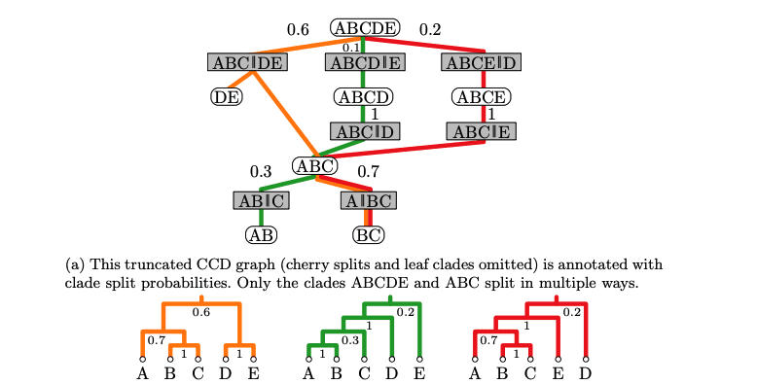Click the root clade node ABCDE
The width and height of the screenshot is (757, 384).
[x=365, y=28]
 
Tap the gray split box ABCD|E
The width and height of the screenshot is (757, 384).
[x=363, y=63]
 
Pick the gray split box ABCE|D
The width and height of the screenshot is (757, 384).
[x=480, y=63]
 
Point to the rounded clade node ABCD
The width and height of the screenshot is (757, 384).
[x=363, y=96]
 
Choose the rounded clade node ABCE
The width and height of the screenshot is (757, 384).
[x=480, y=96]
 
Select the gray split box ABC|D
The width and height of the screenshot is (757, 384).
[x=363, y=131]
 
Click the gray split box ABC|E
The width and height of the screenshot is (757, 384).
[x=480, y=131]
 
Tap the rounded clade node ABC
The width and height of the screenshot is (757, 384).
[x=314, y=165]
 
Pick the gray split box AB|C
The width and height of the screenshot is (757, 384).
[x=261, y=201]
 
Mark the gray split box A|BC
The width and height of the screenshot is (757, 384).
[x=368, y=201]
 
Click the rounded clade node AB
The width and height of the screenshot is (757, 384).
[x=261, y=235]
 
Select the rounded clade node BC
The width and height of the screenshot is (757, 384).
[x=368, y=235]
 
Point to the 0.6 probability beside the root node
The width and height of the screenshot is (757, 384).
[x=298, y=30]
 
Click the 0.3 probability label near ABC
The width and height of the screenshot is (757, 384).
[x=261, y=172]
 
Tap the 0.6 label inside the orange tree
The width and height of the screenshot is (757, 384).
[x=200, y=313]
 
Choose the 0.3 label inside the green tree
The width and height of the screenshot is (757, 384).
[x=348, y=340]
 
